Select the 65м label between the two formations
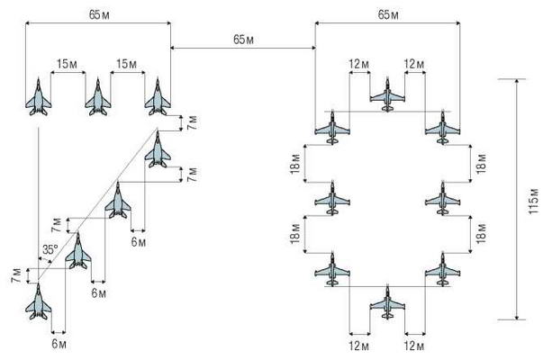click(x=242, y=40)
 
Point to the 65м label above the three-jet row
click(x=97, y=16)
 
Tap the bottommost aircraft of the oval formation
click(x=387, y=301)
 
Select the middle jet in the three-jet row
click(x=97, y=95)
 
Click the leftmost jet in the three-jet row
click(x=39, y=95)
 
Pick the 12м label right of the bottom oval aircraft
click(x=415, y=345)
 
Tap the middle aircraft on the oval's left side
click(x=332, y=197)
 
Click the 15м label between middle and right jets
click(x=127, y=64)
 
